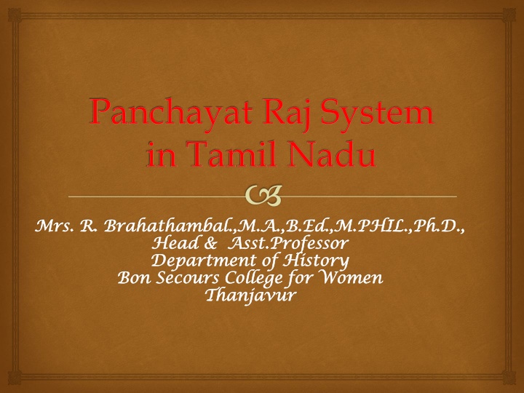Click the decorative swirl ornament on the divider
coord(263,196)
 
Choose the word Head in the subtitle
coord(173,243)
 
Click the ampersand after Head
coord(210,244)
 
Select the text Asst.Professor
coord(288,244)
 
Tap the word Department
coord(204,261)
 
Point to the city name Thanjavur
coord(250,295)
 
